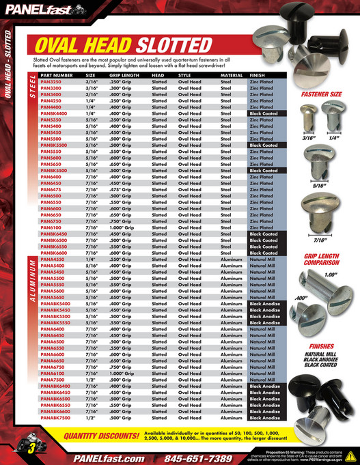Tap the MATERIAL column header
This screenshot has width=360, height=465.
coord(232,75)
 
